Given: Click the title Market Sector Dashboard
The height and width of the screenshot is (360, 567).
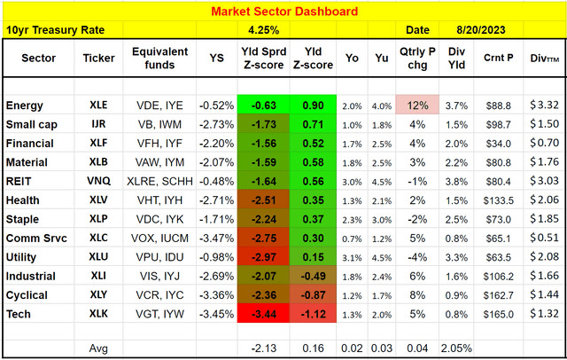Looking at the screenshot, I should click(283, 12).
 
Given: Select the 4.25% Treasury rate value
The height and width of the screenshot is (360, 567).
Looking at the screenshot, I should click(268, 30).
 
